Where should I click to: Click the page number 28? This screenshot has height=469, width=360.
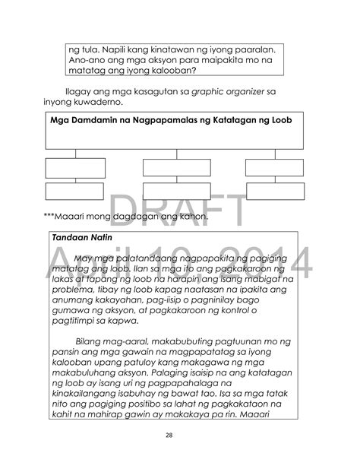(x=179, y=436)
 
